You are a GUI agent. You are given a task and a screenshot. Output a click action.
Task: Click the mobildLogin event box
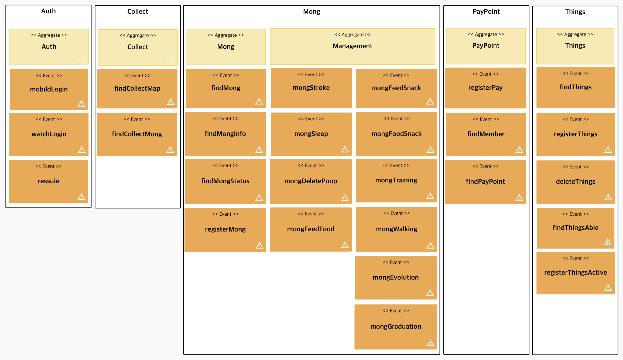(x=49, y=89)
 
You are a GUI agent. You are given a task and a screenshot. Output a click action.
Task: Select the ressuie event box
(x=49, y=181)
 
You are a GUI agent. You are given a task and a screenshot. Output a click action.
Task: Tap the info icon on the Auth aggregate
(x=82, y=58)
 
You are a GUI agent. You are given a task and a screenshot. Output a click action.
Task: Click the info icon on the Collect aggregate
(x=171, y=59)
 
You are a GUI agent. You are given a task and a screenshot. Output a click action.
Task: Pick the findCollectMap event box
(x=137, y=89)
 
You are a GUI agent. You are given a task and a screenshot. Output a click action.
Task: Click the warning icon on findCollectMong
(x=170, y=150)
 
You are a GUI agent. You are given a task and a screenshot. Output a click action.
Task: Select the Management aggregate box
(x=352, y=46)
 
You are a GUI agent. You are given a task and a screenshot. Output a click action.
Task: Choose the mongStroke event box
(x=311, y=88)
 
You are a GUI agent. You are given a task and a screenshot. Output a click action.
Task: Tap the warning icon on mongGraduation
(x=430, y=343)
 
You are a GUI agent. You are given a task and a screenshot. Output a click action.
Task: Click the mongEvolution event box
(x=396, y=277)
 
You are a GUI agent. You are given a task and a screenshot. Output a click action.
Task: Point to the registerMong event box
(x=225, y=229)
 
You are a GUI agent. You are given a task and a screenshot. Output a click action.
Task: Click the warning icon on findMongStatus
(x=259, y=198)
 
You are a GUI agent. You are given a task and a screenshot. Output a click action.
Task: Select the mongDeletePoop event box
(x=311, y=181)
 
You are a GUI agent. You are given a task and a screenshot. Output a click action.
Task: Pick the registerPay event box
(x=485, y=88)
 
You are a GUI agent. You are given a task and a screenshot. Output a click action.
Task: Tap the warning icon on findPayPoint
(x=519, y=198)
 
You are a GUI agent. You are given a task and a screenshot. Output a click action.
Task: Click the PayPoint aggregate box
(x=486, y=46)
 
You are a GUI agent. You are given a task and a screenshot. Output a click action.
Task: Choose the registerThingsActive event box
(x=576, y=273)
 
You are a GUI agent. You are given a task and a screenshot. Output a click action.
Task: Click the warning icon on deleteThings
(x=608, y=197)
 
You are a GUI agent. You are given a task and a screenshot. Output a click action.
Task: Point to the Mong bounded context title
(x=311, y=12)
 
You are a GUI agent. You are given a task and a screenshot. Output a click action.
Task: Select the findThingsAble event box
(x=576, y=228)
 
